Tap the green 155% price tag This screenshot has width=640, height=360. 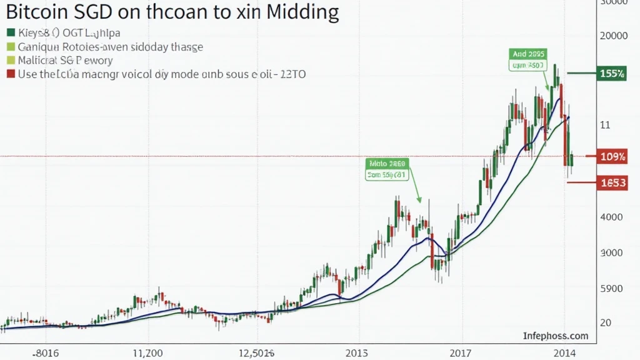612,74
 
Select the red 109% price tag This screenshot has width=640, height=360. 612,156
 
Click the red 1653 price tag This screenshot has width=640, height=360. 612,183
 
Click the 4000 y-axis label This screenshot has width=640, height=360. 611,217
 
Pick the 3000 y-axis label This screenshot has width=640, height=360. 611,253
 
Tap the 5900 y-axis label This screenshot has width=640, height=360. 611,289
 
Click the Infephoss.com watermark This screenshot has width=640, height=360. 556,336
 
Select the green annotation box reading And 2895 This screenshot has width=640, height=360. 528,59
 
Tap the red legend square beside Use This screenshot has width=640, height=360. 10,74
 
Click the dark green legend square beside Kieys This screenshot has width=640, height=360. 10,32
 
